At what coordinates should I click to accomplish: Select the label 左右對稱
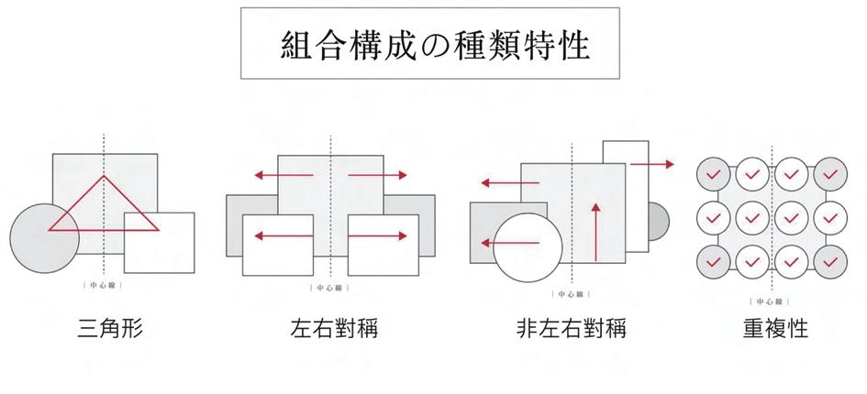pyautogui.click(x=332, y=328)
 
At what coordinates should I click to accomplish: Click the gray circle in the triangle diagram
pyautogui.click(x=37, y=240)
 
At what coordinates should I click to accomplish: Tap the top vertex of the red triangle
pyautogui.click(x=104, y=177)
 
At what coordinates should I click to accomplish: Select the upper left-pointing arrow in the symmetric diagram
pyautogui.click(x=284, y=174)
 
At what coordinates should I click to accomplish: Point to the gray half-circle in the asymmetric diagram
pyautogui.click(x=658, y=221)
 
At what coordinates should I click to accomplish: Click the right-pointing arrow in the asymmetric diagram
pyautogui.click(x=652, y=164)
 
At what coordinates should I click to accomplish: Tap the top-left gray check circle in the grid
pyautogui.click(x=712, y=171)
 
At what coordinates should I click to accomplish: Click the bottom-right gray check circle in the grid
pyautogui.click(x=830, y=262)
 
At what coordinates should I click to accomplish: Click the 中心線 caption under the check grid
pyautogui.click(x=770, y=301)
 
